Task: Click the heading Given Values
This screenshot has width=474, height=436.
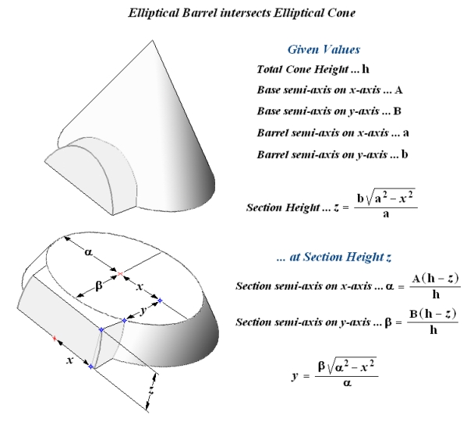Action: click(324, 50)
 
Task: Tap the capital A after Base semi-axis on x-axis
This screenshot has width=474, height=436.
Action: click(399, 90)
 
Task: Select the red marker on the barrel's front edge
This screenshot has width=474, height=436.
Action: click(55, 339)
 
